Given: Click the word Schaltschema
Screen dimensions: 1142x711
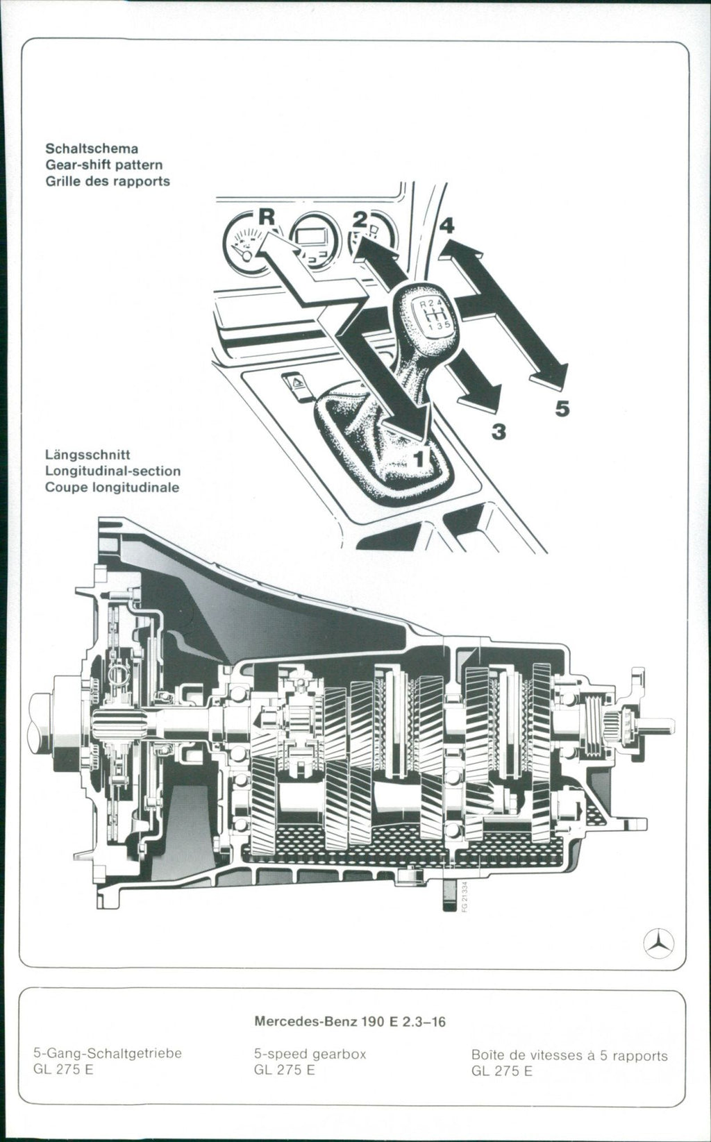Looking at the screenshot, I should [x=92, y=149].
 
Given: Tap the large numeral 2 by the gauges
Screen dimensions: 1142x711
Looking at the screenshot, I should [x=359, y=220].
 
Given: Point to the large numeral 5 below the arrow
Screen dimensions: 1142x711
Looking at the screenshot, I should [x=562, y=410].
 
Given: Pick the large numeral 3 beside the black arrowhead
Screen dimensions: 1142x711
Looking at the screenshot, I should [x=498, y=433].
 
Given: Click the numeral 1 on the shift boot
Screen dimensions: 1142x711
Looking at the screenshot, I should [x=420, y=457].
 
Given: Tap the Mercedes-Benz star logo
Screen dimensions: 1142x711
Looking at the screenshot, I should [x=658, y=943].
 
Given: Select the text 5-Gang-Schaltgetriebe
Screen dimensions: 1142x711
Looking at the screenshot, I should [x=108, y=1053].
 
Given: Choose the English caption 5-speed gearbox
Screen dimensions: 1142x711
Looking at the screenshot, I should [x=310, y=1054].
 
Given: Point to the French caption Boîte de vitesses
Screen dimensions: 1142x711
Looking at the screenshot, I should [x=569, y=1055].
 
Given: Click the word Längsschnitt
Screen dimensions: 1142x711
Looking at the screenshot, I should [x=87, y=455].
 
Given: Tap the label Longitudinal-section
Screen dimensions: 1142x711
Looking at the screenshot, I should [x=112, y=471].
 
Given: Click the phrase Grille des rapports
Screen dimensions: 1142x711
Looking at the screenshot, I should [x=107, y=181].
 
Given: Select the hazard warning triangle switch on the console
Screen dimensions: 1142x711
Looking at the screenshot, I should [x=296, y=384].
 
